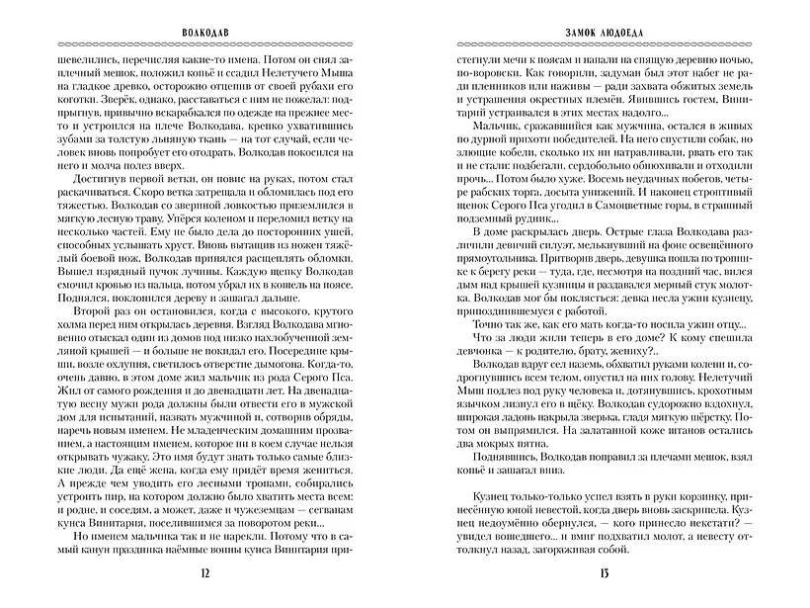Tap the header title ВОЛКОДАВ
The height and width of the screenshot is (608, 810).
pos(204,31)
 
